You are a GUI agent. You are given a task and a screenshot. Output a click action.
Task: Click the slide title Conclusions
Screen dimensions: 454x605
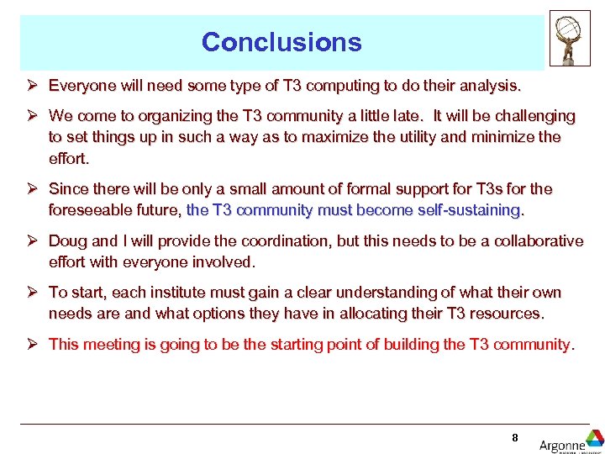pos(281,42)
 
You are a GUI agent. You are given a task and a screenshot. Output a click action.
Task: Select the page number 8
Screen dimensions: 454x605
pos(514,437)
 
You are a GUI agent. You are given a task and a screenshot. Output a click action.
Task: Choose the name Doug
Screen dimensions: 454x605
pos(67,241)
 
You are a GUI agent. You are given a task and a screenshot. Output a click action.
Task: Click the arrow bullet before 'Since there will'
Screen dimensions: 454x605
pos(31,189)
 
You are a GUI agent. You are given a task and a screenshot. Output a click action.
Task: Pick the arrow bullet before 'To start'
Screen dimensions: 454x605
pos(31,293)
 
